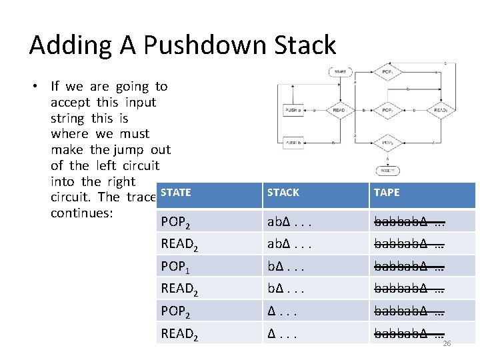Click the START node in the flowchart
339,71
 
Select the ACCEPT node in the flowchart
387,171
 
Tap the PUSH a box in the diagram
294,110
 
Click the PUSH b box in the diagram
294,143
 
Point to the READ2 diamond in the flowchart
441,110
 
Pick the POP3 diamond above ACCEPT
387,143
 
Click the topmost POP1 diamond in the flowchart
387,71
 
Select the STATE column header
176,193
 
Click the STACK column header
283,193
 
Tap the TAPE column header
387,193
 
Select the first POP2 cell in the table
177,222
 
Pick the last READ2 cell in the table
179,333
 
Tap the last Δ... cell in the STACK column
281,333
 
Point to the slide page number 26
447,344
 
